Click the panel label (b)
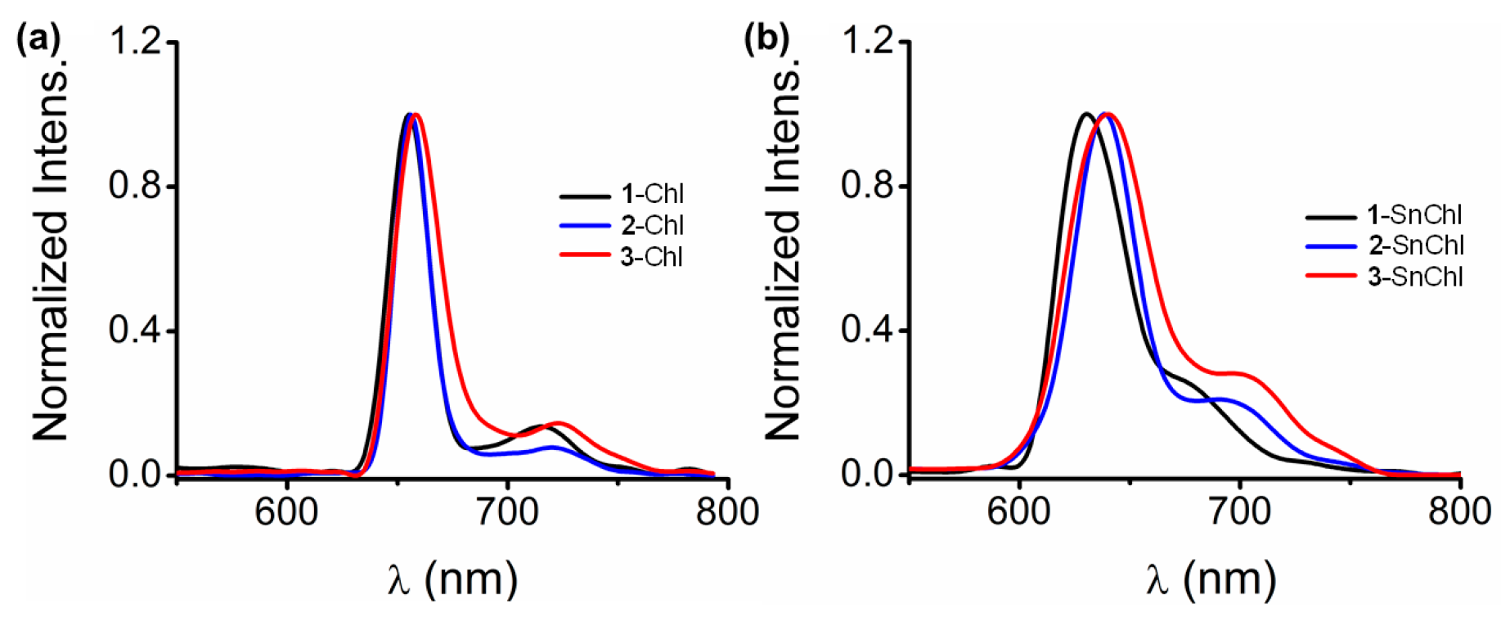[766, 39]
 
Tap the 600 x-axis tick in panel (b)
[1018, 512]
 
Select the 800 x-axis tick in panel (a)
[727, 512]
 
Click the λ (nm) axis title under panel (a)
[452, 579]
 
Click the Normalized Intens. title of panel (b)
[783, 254]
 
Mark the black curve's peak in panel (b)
[1086, 114]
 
